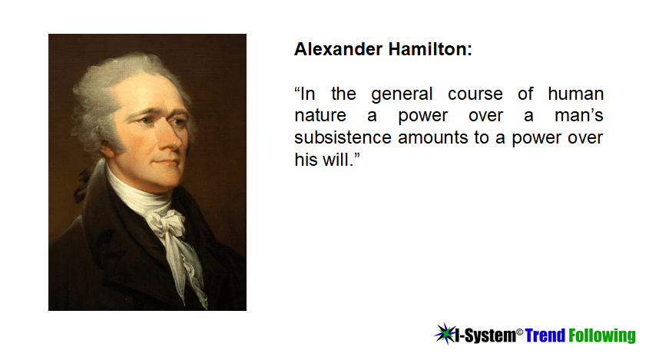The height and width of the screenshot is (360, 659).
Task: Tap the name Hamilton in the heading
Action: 430,49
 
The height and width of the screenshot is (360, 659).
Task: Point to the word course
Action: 475,94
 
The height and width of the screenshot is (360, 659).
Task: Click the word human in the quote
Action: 576,94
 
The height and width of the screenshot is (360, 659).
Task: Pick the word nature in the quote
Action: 320,116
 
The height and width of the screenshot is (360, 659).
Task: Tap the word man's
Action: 579,115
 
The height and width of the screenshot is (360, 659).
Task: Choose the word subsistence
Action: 343,138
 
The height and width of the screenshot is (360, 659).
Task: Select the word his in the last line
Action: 306,160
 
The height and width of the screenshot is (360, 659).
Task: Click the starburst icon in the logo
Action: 445,334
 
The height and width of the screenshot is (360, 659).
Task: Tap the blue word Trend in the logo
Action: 545,335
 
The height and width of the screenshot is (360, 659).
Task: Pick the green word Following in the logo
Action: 602,336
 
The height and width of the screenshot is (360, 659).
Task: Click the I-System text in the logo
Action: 485,335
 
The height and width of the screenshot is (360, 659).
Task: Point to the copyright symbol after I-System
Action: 519,332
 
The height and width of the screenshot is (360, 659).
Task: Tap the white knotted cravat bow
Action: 168,223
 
